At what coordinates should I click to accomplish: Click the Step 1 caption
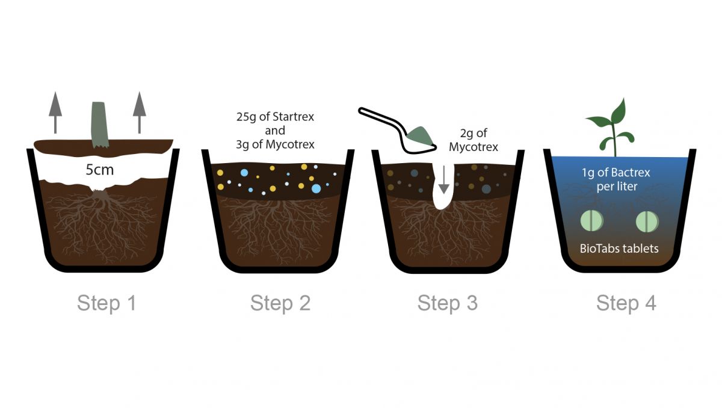106,303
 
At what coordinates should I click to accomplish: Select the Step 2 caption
280,303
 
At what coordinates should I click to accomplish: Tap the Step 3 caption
448,303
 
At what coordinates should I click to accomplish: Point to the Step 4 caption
626,303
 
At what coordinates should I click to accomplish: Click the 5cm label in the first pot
99,170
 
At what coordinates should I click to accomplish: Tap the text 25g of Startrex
274,117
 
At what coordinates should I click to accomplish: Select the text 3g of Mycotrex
275,144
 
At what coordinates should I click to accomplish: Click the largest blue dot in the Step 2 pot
316,188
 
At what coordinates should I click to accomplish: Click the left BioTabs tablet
591,221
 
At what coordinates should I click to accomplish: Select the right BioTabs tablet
647,221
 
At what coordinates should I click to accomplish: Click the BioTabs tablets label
619,248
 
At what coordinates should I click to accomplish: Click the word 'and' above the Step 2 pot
275,131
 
